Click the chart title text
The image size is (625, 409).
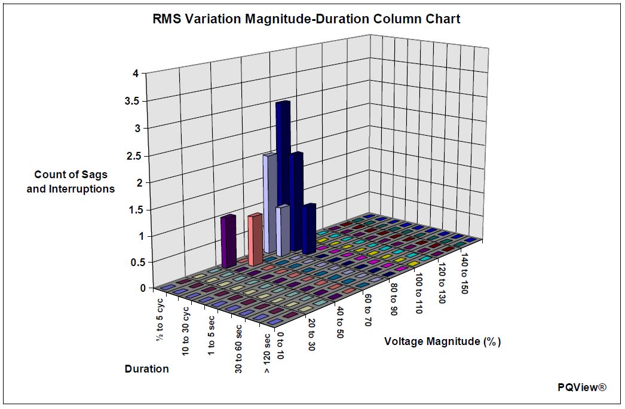[307, 19]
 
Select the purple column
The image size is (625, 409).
[228, 240]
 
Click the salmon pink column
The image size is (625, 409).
[255, 239]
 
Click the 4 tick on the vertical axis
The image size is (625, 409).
[136, 74]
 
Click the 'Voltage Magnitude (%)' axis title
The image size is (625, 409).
[442, 342]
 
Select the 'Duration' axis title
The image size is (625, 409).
[147, 369]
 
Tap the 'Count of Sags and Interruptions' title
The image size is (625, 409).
[74, 182]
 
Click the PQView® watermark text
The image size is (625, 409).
[582, 387]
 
